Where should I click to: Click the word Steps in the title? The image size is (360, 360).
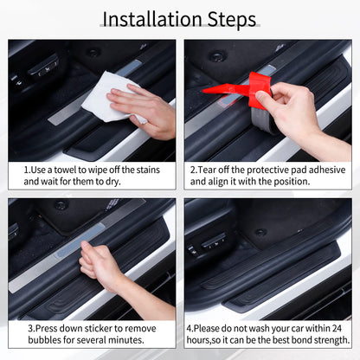click(x=227, y=18)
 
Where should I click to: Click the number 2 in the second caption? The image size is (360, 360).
click(x=192, y=170)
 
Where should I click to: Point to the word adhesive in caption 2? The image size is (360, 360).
click(x=325, y=170)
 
